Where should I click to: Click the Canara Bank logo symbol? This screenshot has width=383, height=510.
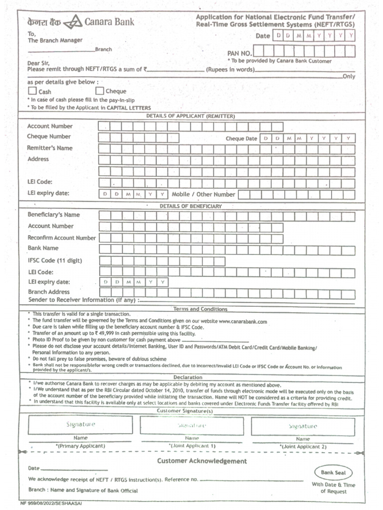click(x=75, y=22)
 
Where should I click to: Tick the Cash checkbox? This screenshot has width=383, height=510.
click(x=32, y=91)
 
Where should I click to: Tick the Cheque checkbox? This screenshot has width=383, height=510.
click(x=100, y=91)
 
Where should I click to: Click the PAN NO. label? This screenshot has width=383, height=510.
click(x=239, y=52)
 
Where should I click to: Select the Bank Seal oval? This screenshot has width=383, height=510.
click(x=333, y=473)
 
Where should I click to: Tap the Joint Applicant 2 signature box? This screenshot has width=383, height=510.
click(x=303, y=426)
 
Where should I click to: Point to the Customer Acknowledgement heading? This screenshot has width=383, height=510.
click(x=202, y=461)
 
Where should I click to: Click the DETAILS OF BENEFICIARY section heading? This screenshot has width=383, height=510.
click(x=191, y=206)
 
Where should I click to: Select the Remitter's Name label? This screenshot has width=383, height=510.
click(x=50, y=148)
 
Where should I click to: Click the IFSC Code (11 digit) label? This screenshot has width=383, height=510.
click(x=55, y=260)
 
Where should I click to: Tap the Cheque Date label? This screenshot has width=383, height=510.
click(x=241, y=139)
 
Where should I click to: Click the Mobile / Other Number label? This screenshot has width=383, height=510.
click(x=203, y=194)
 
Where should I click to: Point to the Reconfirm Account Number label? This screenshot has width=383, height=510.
click(x=61, y=238)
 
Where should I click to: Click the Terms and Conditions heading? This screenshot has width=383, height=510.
click(x=200, y=309)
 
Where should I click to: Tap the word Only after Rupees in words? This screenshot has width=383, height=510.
click(x=349, y=77)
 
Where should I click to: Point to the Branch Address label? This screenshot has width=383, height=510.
click(x=49, y=292)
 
